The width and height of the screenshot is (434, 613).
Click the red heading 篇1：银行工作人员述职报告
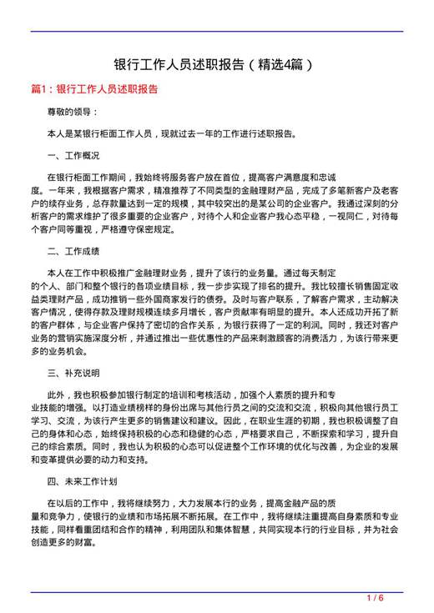[x=94, y=88]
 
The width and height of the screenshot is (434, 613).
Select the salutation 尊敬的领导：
[x=73, y=111]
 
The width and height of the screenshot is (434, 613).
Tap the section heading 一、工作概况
[x=73, y=155]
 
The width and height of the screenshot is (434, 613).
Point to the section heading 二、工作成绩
[x=73, y=250]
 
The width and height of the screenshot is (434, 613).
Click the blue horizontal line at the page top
[x=217, y=32]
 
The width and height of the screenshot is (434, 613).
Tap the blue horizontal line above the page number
[x=217, y=590]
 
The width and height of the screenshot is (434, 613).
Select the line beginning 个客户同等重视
[x=117, y=228]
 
